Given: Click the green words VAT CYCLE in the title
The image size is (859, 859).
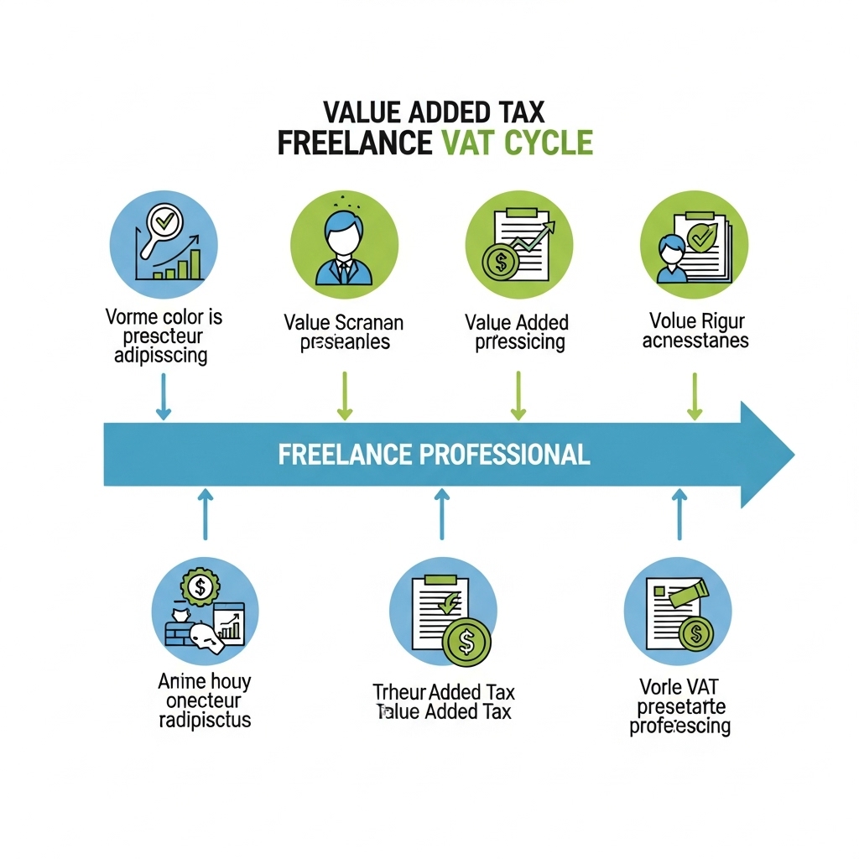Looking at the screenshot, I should pyautogui.click(x=517, y=143).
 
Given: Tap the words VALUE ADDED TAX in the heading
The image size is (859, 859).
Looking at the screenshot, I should pyautogui.click(x=435, y=112).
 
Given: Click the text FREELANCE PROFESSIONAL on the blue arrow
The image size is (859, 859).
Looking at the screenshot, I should pyautogui.click(x=434, y=455).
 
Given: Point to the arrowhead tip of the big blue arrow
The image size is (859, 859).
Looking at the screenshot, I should pyautogui.click(x=792, y=455).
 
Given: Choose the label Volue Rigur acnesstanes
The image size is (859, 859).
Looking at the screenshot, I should pyautogui.click(x=695, y=331).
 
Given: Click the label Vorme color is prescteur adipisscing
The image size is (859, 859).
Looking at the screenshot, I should pyautogui.click(x=164, y=336).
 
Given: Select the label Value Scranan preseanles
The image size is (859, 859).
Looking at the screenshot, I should pyautogui.click(x=344, y=332).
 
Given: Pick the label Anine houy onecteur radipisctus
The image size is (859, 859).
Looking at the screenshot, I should pyautogui.click(x=205, y=700).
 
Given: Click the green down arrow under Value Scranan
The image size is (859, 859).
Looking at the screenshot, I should pyautogui.click(x=344, y=394).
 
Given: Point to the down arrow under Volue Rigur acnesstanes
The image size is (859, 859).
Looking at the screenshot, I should pyautogui.click(x=695, y=394).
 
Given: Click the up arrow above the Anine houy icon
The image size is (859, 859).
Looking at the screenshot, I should pyautogui.click(x=205, y=515).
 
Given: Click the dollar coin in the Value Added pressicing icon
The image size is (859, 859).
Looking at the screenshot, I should pyautogui.click(x=501, y=262).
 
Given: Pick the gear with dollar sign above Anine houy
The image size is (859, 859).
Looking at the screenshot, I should pyautogui.click(x=200, y=586).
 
